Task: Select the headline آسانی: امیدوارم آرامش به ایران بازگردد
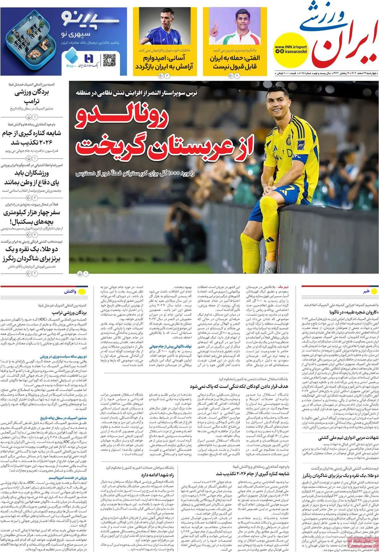click(165, 62)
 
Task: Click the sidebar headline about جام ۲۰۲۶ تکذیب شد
click(32, 137)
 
